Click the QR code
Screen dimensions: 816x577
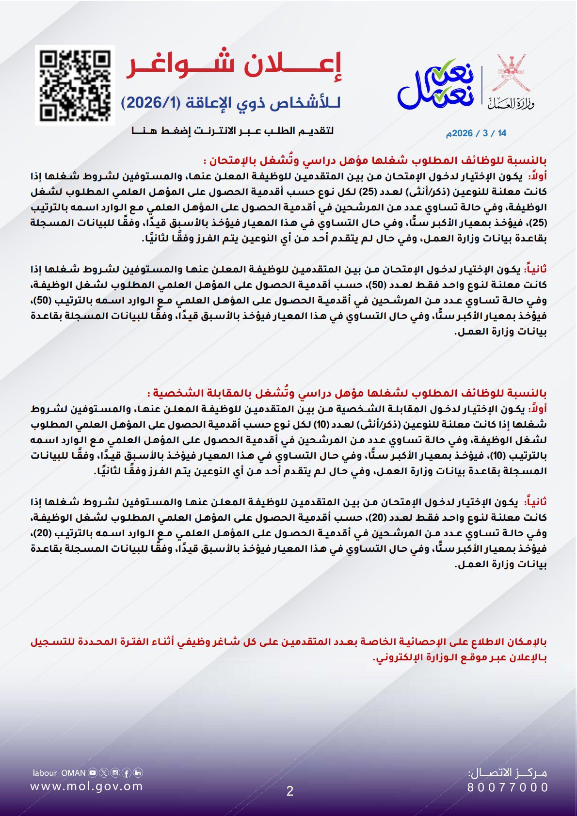[75, 85]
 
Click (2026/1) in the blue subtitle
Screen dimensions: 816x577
[150, 103]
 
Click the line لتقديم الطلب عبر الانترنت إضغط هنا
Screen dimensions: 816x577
[233, 130]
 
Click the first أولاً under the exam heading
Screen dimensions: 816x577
[537, 176]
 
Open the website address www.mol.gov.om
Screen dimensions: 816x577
[87, 786]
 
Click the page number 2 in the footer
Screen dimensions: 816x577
[290, 791]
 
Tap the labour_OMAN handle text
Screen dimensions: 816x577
[59, 773]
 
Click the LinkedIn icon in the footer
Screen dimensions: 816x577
[138, 773]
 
